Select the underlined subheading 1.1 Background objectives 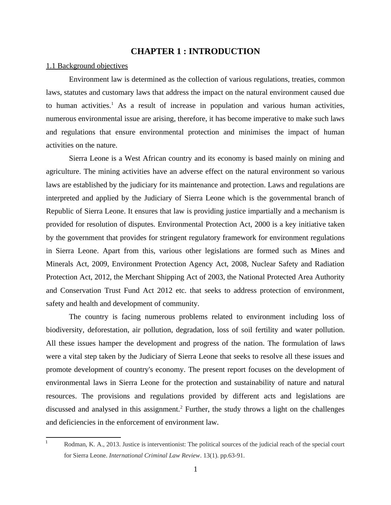tap(87, 66)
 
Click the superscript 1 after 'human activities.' tap(112, 104)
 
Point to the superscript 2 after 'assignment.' tap(181, 407)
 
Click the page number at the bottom tap(195, 469)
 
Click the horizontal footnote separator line tap(83, 437)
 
